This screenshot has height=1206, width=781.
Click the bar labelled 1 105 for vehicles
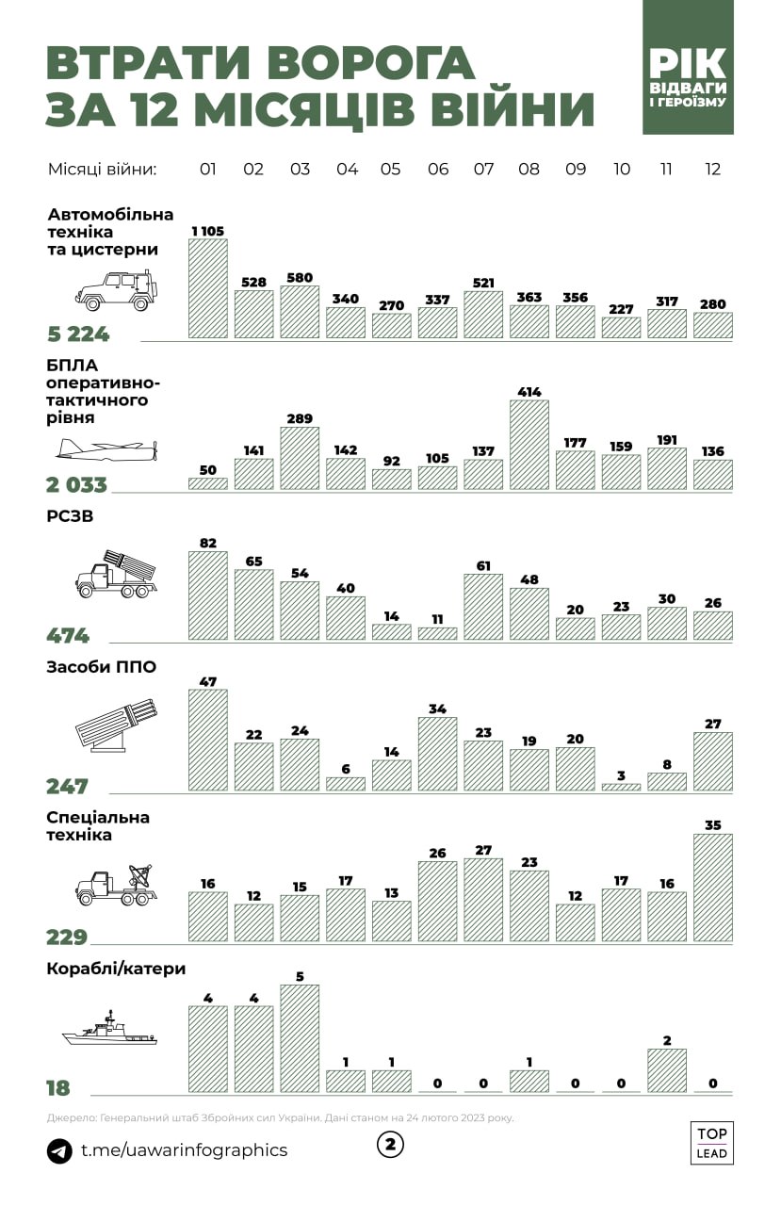click(x=208, y=288)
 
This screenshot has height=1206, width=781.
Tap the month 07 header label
click(x=483, y=170)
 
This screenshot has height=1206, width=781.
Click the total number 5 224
click(x=78, y=334)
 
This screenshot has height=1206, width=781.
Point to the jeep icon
click(x=113, y=290)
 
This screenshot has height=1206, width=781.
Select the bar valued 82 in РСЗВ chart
click(x=208, y=595)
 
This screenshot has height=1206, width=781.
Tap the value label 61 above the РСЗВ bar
click(x=483, y=565)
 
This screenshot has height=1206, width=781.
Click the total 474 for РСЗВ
click(x=68, y=635)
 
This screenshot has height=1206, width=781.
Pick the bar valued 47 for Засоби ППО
click(x=208, y=740)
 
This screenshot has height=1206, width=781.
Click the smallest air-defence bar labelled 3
click(x=621, y=786)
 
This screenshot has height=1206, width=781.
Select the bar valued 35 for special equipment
click(x=712, y=888)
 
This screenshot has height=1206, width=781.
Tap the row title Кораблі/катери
click(x=116, y=969)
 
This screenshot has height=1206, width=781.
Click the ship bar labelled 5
click(x=300, y=1038)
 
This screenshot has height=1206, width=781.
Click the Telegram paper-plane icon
click(x=59, y=1150)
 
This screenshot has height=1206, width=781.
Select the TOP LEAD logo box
click(x=711, y=1142)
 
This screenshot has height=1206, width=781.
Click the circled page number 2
click(x=390, y=1145)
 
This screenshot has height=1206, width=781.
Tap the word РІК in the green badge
click(x=688, y=64)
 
